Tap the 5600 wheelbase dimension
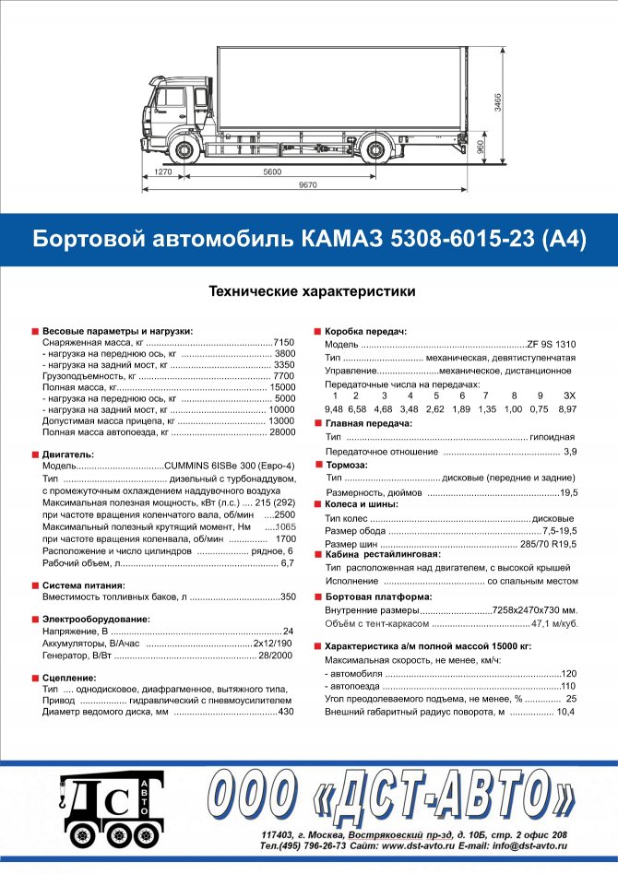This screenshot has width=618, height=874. [271, 172]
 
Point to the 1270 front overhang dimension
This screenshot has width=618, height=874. [163, 172]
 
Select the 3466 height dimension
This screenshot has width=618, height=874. [497, 102]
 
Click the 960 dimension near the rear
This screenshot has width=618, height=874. [479, 148]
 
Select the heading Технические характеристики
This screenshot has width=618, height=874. [312, 291]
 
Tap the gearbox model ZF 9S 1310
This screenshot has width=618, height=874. [551, 343]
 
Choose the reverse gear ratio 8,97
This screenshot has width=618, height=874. [567, 408]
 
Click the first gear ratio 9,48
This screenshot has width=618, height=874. [334, 408]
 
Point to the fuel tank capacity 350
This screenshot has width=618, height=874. [288, 597]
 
